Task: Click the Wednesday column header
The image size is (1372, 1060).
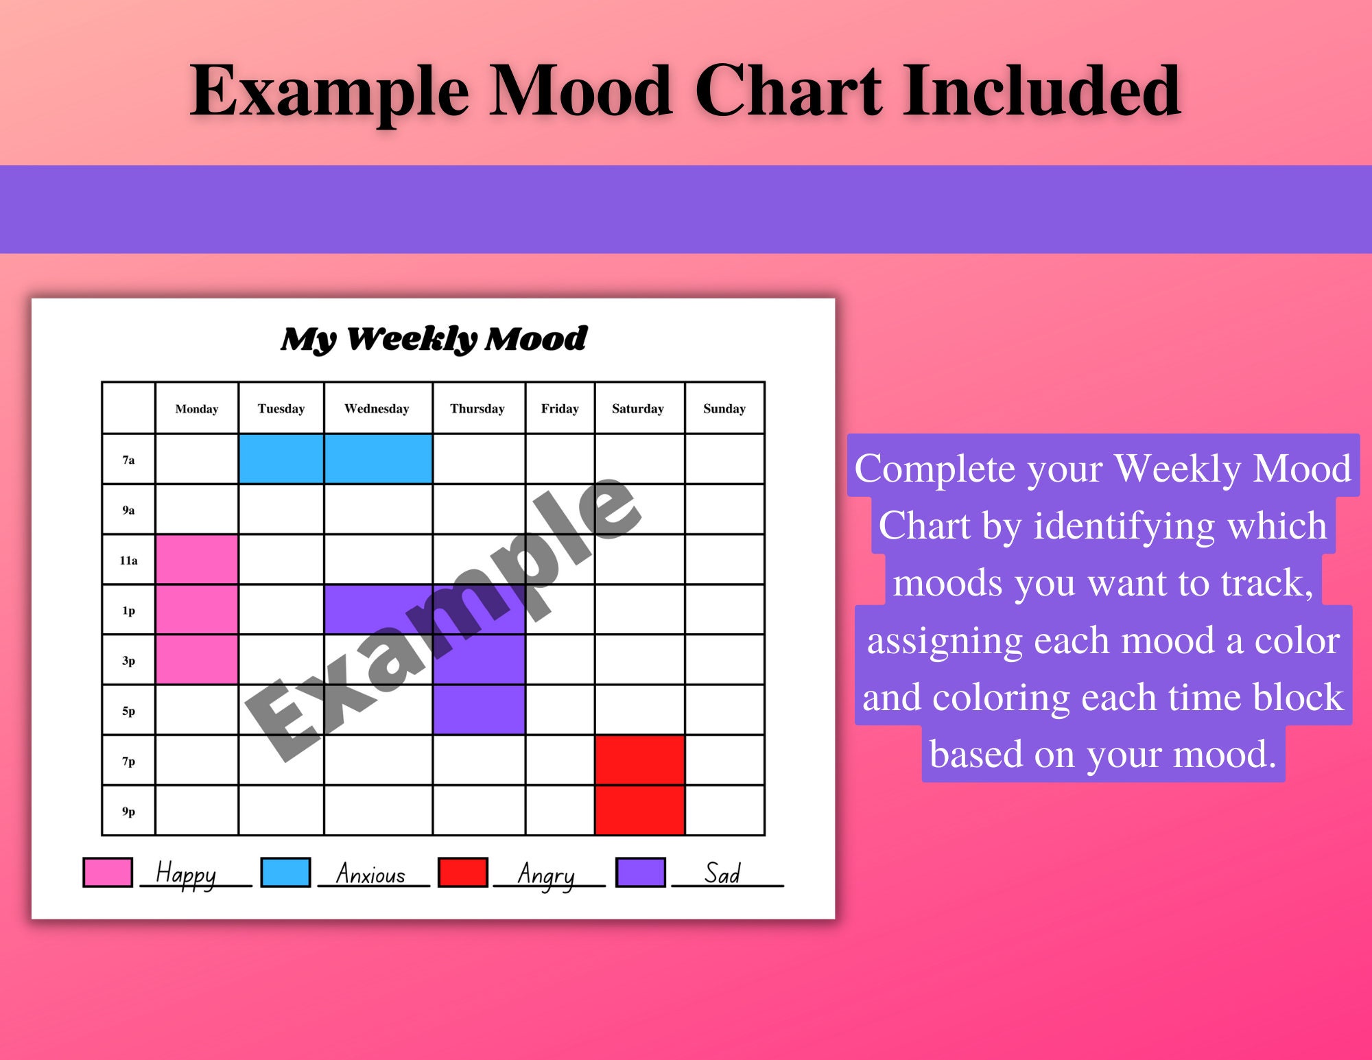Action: (x=377, y=409)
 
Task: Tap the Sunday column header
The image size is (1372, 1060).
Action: (x=724, y=409)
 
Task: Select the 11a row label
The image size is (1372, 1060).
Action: (x=128, y=561)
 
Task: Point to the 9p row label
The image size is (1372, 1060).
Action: (x=128, y=812)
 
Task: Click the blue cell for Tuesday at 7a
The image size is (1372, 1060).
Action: (x=281, y=459)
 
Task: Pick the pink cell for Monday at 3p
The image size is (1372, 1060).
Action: (x=197, y=660)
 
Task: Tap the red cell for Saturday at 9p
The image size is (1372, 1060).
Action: (x=639, y=811)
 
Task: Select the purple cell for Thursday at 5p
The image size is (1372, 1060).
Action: (x=479, y=710)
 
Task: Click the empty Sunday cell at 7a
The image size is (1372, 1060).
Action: (x=724, y=459)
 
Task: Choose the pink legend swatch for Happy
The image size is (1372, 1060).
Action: (x=108, y=873)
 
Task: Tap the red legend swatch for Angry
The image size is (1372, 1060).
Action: (x=463, y=873)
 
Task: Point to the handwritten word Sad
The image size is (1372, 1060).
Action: (x=722, y=874)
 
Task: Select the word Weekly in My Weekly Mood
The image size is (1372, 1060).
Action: (x=411, y=339)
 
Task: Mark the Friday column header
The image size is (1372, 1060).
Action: (x=560, y=409)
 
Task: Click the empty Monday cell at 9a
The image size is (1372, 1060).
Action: (x=197, y=510)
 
